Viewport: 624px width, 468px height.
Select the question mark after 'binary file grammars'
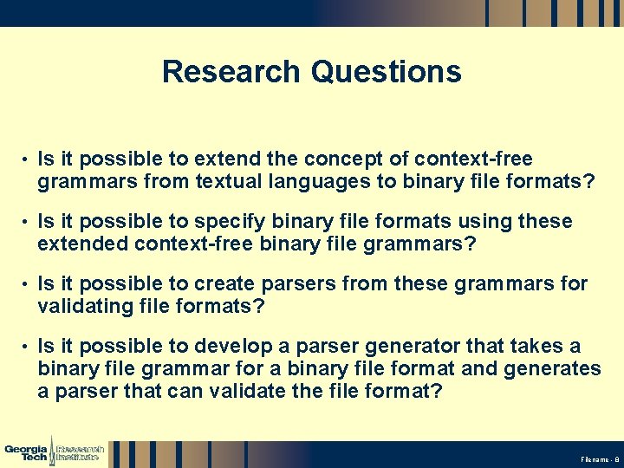coord(471,244)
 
